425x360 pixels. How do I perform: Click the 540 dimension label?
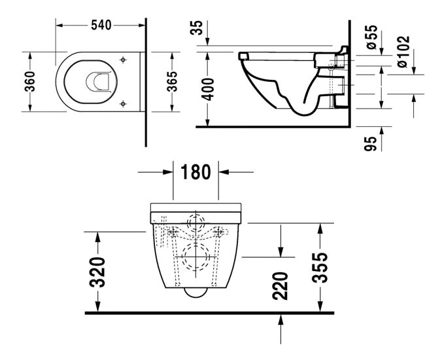(x=100, y=25)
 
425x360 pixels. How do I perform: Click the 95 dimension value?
(x=371, y=144)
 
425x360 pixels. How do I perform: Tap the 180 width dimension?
(x=195, y=173)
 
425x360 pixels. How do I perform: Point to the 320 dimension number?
(x=97, y=274)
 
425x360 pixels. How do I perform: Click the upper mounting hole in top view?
(x=123, y=60)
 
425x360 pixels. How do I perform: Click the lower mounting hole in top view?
(x=123, y=103)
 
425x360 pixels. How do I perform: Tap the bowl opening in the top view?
(x=97, y=81)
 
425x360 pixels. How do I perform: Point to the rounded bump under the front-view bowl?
(x=195, y=293)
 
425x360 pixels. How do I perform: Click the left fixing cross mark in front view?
(x=173, y=232)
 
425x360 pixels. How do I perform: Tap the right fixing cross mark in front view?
(x=217, y=232)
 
